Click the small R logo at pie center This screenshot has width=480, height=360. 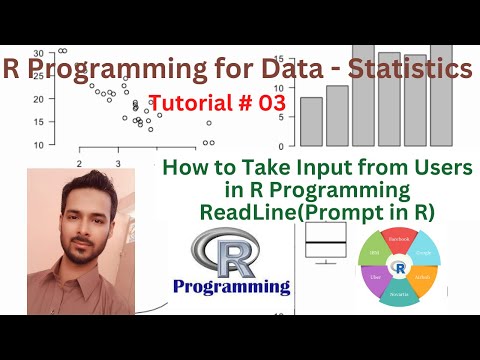coord(400,269)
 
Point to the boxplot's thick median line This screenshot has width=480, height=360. coord(326,243)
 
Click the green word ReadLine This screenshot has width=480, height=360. coord(243,211)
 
